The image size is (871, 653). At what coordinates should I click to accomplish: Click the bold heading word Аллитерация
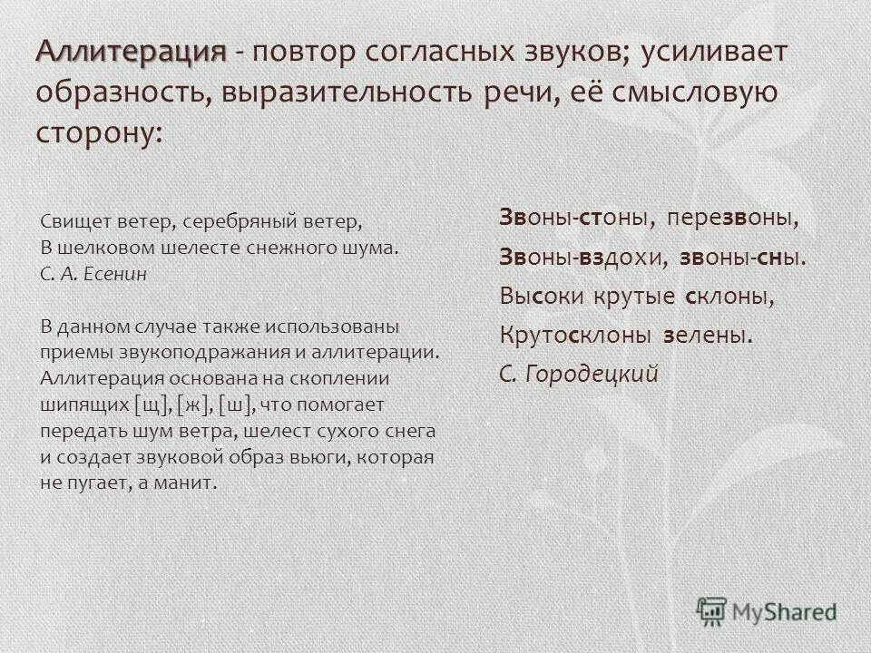coord(131,52)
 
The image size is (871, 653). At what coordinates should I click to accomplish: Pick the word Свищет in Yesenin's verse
coord(72,221)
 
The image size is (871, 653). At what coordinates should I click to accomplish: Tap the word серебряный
coord(251,221)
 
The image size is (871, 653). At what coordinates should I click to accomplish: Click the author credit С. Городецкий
coord(578,374)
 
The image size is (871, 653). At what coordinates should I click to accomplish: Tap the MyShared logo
coord(766,610)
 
